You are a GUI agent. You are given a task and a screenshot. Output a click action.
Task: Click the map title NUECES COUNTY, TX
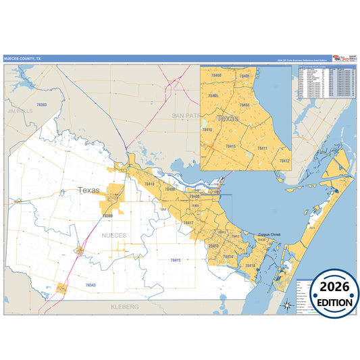coord(22,59)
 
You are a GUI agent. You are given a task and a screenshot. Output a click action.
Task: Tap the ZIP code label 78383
coord(42,105)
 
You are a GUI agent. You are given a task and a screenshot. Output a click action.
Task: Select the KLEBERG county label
coord(124,307)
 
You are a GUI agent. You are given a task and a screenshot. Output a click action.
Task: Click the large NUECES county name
coord(113,235)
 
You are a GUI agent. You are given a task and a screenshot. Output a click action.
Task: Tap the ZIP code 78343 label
coord(91,286)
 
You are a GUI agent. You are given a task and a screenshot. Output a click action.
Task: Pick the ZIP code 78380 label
coord(107,215)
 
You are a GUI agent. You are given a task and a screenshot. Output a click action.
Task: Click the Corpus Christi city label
coord(272,235)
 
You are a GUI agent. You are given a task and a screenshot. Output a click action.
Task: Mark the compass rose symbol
coord(288,304)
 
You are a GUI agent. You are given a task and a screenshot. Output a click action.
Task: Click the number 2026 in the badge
coord(332,287)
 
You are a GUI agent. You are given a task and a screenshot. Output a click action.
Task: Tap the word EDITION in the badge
coord(332,301)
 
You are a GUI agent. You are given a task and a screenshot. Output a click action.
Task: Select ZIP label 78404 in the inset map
coord(245,105)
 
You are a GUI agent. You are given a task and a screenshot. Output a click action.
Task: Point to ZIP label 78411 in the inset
coord(263,148)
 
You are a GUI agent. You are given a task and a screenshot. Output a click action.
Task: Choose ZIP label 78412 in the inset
coord(284,161)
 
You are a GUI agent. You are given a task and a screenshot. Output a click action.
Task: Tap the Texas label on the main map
coord(88,190)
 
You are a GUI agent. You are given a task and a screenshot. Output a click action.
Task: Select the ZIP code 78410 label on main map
coord(149,184)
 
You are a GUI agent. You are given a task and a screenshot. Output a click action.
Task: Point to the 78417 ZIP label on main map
coord(188,223)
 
